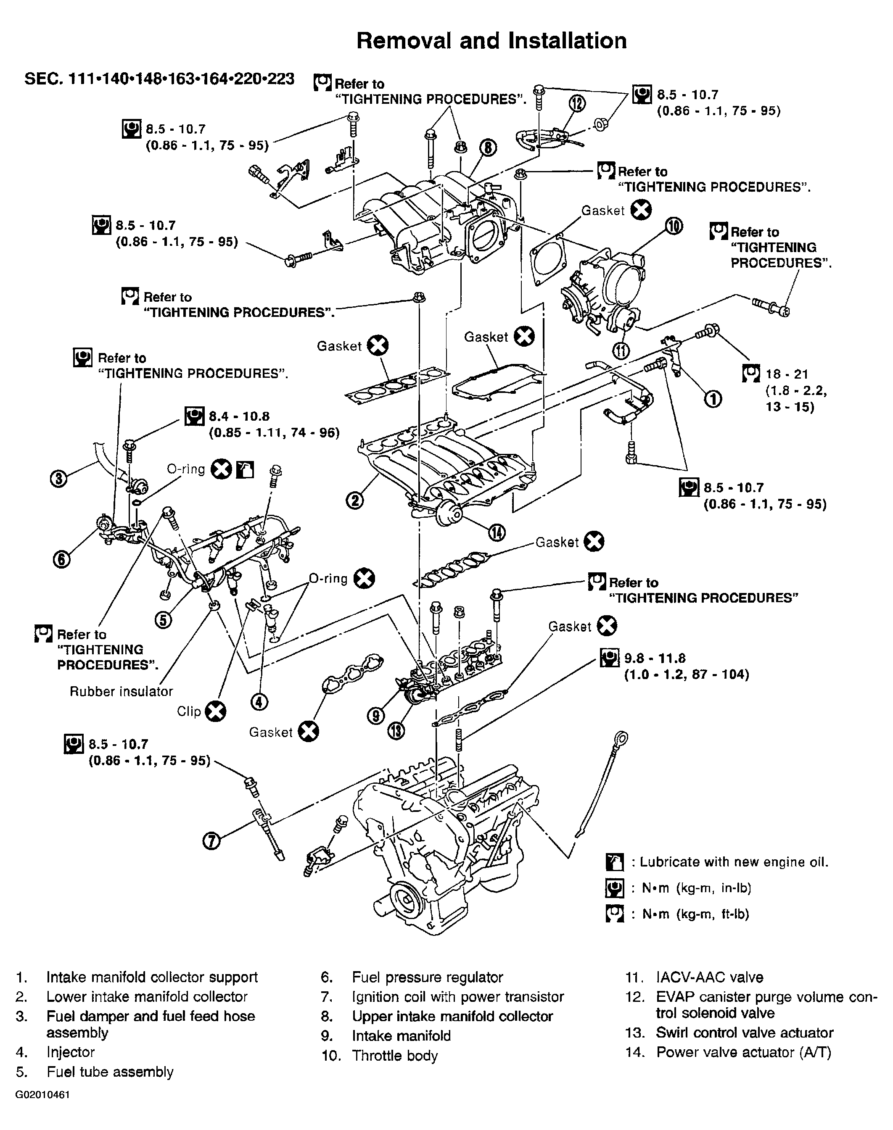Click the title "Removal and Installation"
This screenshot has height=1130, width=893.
click(491, 41)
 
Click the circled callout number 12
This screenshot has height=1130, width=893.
click(578, 105)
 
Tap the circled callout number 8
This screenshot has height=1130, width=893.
click(488, 148)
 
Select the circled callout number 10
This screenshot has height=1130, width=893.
click(674, 227)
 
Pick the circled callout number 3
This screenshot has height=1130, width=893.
click(59, 479)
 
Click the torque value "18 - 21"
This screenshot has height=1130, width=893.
click(787, 374)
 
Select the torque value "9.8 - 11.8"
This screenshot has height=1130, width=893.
click(655, 658)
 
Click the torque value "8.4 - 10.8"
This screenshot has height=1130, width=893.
click(240, 416)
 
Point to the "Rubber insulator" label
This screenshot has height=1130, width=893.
click(122, 691)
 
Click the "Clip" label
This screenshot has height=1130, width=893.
click(189, 711)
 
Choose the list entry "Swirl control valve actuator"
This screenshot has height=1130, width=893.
click(745, 1033)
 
